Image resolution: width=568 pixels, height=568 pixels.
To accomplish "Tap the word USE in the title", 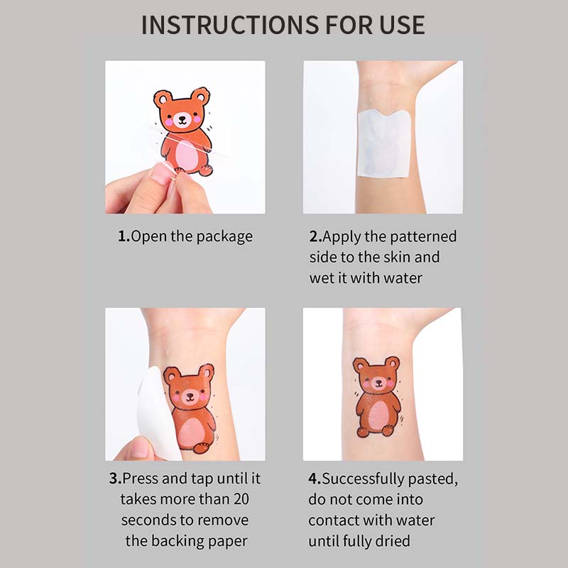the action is [403, 25].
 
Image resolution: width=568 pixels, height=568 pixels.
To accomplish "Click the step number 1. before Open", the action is [124, 236].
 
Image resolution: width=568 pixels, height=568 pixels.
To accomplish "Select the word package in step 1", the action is [224, 237].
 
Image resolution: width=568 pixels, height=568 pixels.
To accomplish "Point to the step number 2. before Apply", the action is [315, 236].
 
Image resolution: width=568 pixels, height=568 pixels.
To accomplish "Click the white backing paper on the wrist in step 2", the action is [383, 145].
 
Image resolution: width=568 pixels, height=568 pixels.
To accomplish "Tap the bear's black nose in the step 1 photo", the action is [182, 118].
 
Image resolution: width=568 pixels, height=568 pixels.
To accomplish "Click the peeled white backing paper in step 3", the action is [156, 413].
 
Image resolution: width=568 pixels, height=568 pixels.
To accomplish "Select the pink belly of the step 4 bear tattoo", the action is [378, 416].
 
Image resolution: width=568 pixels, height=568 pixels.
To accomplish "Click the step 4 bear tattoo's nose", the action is [378, 382].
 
